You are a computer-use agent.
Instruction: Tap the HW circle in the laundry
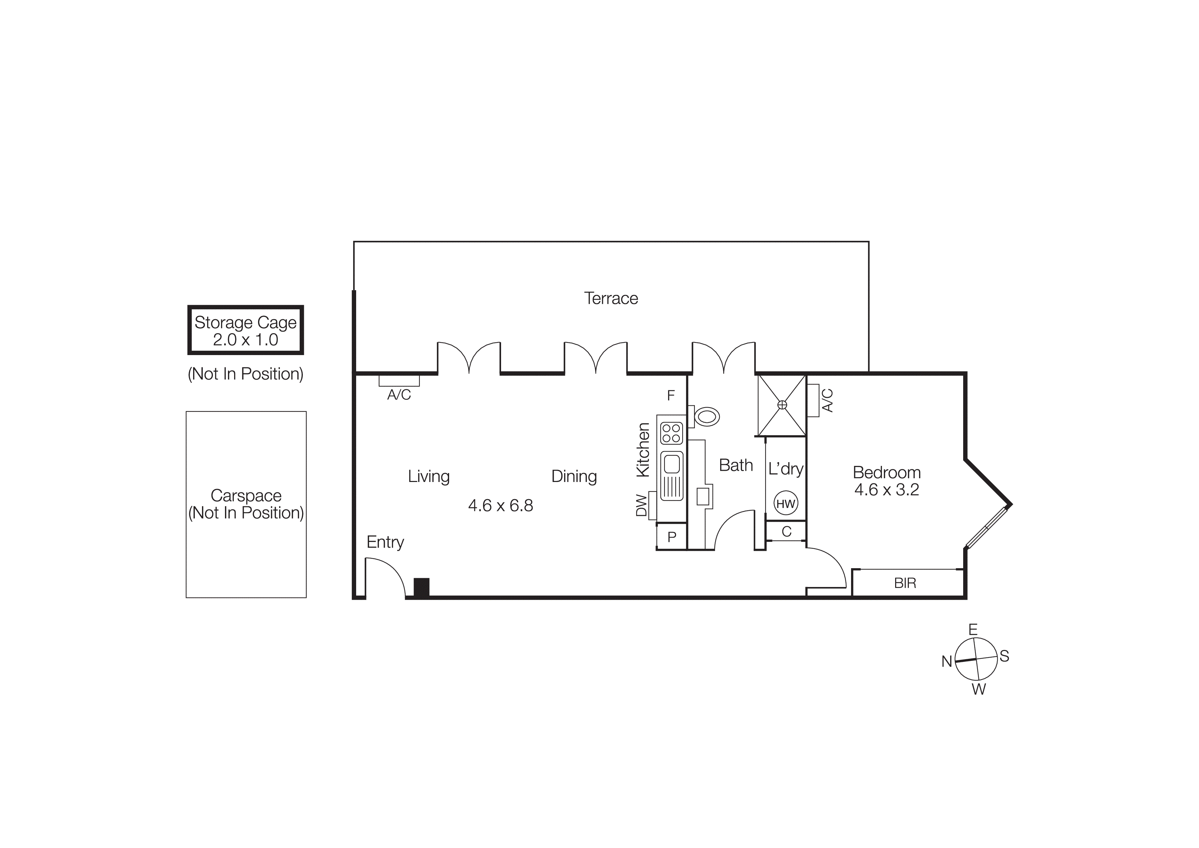[785, 504]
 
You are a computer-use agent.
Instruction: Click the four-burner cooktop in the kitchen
[671, 433]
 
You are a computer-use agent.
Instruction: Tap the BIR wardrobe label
[905, 583]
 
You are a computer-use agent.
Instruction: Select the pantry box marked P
[672, 537]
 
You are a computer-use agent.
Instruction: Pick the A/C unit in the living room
[399, 381]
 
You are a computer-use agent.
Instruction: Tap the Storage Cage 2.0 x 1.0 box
[245, 330]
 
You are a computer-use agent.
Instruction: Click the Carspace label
[246, 495]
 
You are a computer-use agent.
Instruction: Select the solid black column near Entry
[421, 587]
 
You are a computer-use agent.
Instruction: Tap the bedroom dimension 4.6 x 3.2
[886, 490]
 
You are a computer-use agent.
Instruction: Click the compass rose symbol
[975, 660]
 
